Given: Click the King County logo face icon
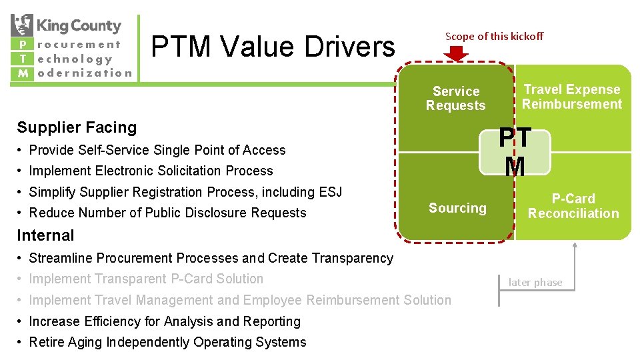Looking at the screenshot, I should (x=22, y=25).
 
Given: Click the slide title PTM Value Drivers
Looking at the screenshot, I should (x=273, y=47).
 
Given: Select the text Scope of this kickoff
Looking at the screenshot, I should (x=494, y=36).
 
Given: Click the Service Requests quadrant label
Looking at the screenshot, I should (x=456, y=98).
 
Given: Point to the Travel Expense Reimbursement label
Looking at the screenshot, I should (x=571, y=97).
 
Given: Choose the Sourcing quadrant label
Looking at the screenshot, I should (x=457, y=208).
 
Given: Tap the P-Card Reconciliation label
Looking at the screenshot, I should (x=573, y=206).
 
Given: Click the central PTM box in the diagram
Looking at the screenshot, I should (x=516, y=153).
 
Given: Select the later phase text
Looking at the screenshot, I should (x=535, y=283).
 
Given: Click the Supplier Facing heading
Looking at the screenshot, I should (x=77, y=127).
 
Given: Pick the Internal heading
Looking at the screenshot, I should (x=45, y=235).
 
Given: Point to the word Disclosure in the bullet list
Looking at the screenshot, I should (x=218, y=213).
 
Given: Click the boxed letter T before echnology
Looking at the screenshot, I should (x=22, y=59).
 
